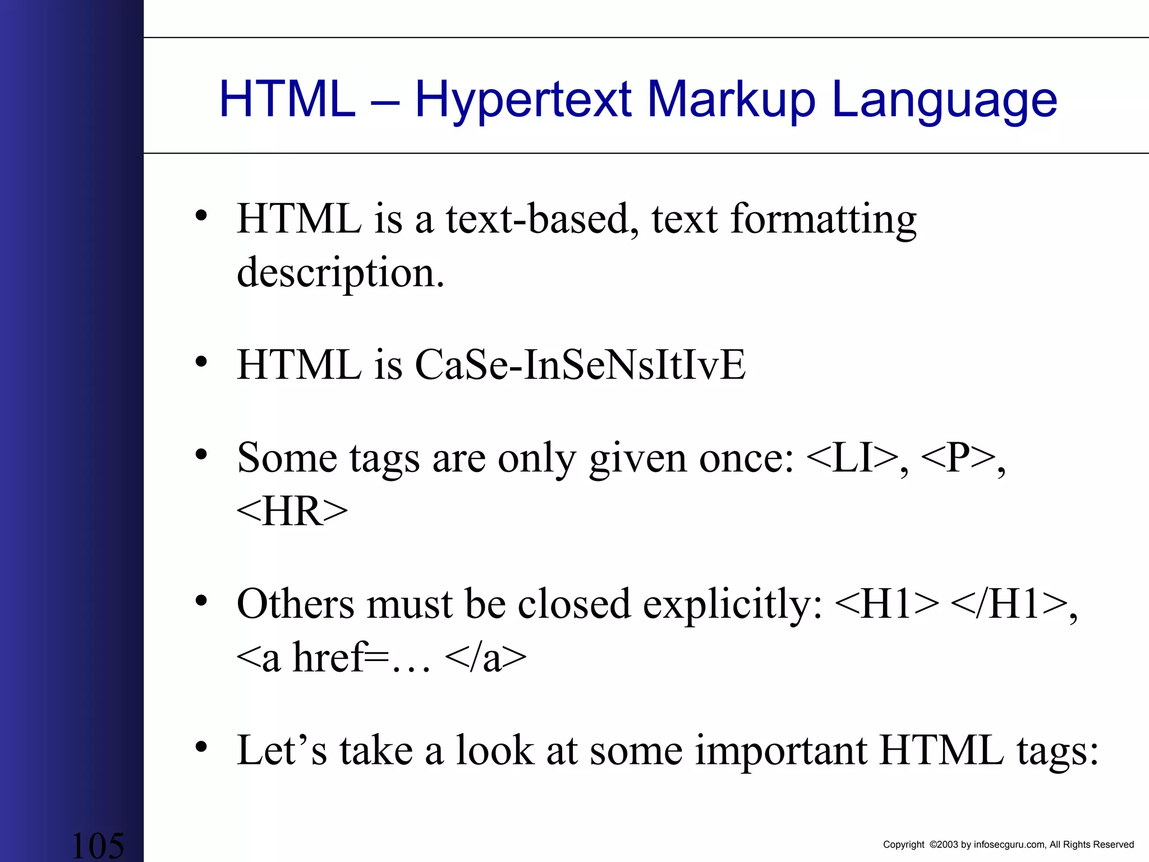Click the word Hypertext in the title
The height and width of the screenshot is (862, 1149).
[523, 101]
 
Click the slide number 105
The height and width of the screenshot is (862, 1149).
[98, 845]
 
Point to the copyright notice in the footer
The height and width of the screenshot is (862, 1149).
[1008, 845]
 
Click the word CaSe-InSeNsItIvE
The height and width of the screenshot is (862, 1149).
[580, 365]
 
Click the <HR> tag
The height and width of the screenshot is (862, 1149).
[292, 511]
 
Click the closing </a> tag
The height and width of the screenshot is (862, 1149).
[485, 658]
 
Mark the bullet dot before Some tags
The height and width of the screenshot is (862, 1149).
[201, 455]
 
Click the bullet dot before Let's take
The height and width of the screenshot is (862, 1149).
[201, 747]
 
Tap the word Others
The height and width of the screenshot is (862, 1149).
[296, 604]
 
